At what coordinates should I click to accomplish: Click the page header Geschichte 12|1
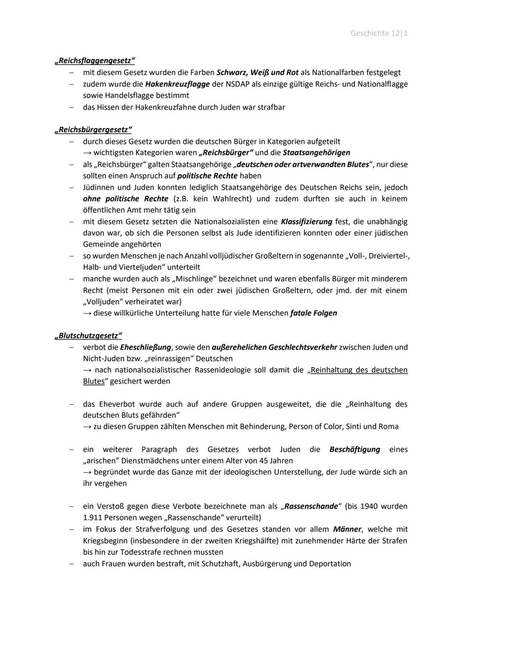coord(379,33)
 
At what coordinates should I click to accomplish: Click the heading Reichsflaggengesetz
coord(95,60)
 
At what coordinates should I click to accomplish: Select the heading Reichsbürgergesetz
coord(93,129)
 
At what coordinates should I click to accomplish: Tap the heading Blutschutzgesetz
coord(88,336)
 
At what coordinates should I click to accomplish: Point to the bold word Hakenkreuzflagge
coord(177,84)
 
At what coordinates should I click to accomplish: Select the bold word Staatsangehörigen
coord(316,153)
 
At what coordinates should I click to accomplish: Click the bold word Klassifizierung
coord(306,222)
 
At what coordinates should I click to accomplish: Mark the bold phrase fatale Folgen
coord(313,313)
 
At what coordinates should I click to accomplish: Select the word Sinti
coord(355,427)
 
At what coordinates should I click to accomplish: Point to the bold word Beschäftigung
coord(355,450)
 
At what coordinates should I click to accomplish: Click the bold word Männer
coord(347,529)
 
